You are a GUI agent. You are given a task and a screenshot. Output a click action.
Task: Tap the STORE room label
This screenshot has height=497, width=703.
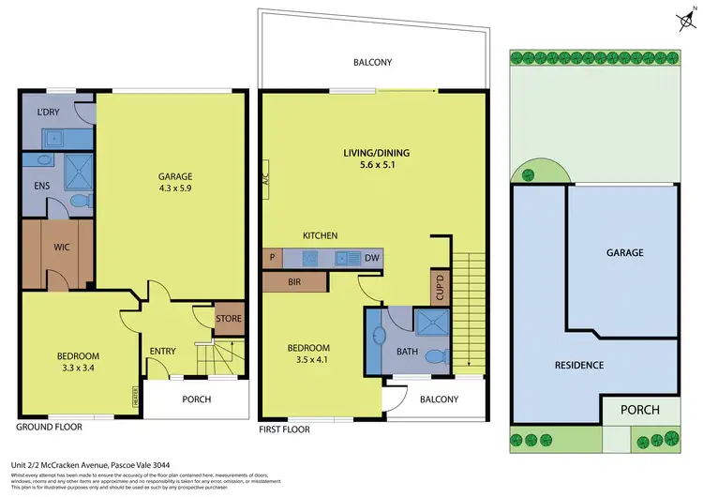[229, 319]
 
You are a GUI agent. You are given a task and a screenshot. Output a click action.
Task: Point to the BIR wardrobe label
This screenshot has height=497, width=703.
[294, 280]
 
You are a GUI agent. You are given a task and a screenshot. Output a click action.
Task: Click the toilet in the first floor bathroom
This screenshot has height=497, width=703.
[433, 356]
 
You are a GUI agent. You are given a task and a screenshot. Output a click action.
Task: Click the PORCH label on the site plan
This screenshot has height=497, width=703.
[640, 410]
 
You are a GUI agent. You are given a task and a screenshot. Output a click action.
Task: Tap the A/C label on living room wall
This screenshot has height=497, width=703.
[266, 182]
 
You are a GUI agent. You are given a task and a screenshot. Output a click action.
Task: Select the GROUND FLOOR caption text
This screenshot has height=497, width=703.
[50, 427]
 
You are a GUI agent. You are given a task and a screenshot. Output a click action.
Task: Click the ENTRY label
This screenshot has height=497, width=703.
[162, 352]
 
